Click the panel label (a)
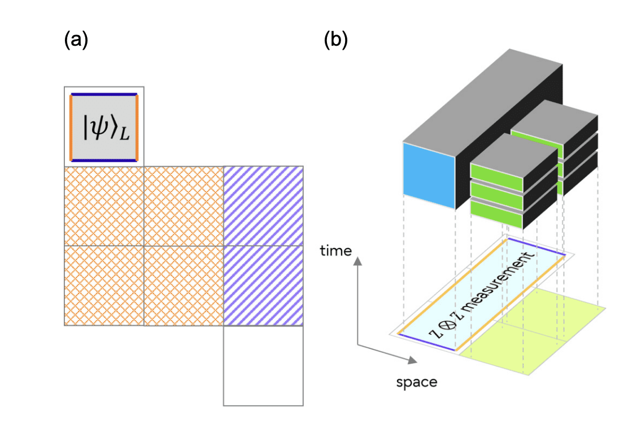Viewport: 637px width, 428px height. tap(76, 41)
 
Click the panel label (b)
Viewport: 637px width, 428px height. tap(335, 41)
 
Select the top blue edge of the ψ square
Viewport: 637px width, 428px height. tap(104, 94)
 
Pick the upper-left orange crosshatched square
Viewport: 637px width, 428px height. tap(104, 206)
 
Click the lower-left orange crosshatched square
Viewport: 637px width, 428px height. tap(104, 286)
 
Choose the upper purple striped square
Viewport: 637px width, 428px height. tap(264, 206)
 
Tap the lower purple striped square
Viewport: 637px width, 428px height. tap(264, 286)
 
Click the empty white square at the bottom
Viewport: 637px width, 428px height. tap(264, 366)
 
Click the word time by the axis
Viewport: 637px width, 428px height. tap(336, 250)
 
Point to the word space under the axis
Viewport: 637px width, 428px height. tap(416, 382)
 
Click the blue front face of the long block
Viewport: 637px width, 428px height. tap(429, 176)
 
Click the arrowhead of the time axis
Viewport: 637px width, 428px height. tap(357, 261)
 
